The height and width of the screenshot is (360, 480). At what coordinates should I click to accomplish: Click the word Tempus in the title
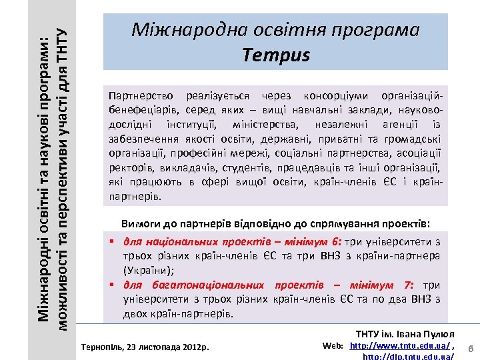point(276,55)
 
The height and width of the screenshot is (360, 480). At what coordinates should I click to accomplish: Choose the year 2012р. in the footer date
point(197,347)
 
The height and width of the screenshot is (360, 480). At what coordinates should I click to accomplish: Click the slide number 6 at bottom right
point(471,349)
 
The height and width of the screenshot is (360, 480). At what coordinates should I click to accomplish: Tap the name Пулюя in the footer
point(439,333)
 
